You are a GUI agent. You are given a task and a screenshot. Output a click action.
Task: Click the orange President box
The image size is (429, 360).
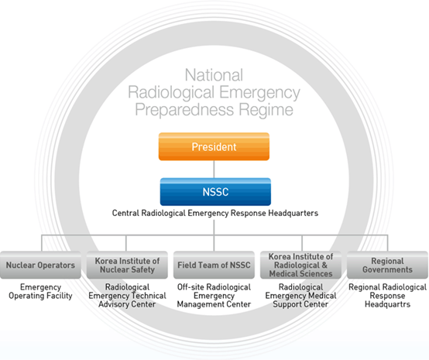click(x=214, y=146)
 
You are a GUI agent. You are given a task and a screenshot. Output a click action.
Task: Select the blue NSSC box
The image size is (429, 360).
click(x=215, y=192)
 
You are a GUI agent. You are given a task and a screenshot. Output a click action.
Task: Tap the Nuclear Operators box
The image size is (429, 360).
click(x=40, y=265)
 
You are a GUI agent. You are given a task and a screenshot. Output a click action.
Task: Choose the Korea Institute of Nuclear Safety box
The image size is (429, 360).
click(x=127, y=265)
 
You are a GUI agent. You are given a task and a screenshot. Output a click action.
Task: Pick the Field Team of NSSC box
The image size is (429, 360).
click(x=214, y=265)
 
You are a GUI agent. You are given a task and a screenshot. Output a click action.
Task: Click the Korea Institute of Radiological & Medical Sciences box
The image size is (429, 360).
click(x=300, y=265)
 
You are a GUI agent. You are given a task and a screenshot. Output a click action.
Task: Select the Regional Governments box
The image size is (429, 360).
click(x=387, y=265)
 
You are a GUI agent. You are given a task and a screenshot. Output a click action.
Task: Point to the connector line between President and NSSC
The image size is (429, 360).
click(x=214, y=170)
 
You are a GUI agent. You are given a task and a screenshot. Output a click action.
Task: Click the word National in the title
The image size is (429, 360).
click(x=214, y=75)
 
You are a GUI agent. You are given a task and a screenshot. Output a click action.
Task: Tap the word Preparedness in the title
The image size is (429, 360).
click(x=184, y=110)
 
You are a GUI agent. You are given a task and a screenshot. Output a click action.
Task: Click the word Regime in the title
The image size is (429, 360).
click(x=266, y=110)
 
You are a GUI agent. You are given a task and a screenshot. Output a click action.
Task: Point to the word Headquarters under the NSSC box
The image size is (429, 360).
click(x=293, y=213)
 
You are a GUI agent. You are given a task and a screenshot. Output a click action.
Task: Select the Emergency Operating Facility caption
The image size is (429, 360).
click(x=40, y=292)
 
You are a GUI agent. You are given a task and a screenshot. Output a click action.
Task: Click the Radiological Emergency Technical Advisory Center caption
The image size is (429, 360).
click(x=127, y=296)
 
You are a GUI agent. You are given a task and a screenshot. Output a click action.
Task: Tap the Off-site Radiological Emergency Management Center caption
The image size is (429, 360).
click(x=214, y=296)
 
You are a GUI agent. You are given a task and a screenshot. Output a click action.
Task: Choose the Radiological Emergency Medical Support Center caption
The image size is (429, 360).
click(x=300, y=296)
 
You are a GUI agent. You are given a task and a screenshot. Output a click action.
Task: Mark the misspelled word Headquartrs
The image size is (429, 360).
click(x=387, y=304)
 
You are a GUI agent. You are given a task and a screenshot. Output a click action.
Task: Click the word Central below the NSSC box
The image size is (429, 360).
click(x=125, y=213)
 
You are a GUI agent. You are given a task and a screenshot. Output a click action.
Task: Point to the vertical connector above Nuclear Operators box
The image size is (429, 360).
click(x=42, y=243)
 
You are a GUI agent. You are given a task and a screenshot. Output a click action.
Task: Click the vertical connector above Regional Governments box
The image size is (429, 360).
click(x=387, y=243)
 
